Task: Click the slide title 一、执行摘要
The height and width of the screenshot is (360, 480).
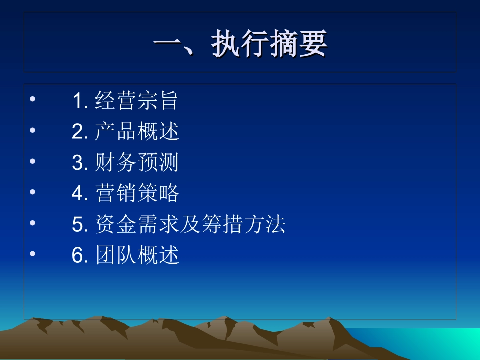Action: pos(240,43)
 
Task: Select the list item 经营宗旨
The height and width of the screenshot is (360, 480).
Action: pos(137,101)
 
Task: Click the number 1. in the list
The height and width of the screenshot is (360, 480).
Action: pos(80,101)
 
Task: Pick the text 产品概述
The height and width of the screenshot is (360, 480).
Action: pos(137,132)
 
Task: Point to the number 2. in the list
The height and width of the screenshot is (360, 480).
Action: pos(80,132)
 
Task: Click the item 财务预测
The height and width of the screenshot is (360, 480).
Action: pos(137,163)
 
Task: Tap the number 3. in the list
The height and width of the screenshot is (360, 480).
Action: pos(80,163)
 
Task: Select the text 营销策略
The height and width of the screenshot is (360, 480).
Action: pos(137,194)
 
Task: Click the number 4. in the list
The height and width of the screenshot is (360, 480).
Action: pos(80,194)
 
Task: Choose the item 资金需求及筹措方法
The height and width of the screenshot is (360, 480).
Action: pos(190,225)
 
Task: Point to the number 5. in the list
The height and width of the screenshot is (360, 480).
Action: pos(80,225)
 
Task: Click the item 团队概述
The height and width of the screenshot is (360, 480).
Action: pos(137,255)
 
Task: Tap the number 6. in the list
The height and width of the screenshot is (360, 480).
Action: pos(80,255)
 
